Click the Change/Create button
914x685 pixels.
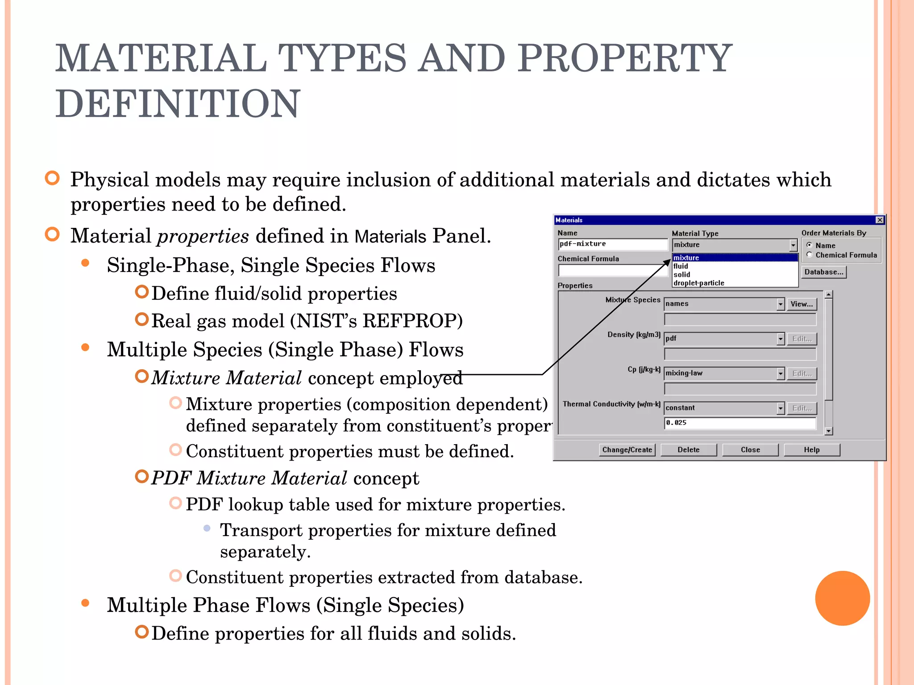627,450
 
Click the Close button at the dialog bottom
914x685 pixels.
750,450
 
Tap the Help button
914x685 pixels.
811,450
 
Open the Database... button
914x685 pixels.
823,272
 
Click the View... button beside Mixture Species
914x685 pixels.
802,304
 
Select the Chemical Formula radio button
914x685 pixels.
810,255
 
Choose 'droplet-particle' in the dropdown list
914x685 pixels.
699,283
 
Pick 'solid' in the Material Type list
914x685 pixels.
682,275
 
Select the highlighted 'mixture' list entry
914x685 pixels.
686,258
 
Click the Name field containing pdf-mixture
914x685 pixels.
612,244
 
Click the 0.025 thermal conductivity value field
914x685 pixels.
740,423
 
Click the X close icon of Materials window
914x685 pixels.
880,220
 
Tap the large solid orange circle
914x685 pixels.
842,598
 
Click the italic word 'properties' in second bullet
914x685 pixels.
203,236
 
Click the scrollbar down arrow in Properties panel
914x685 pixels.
829,431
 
